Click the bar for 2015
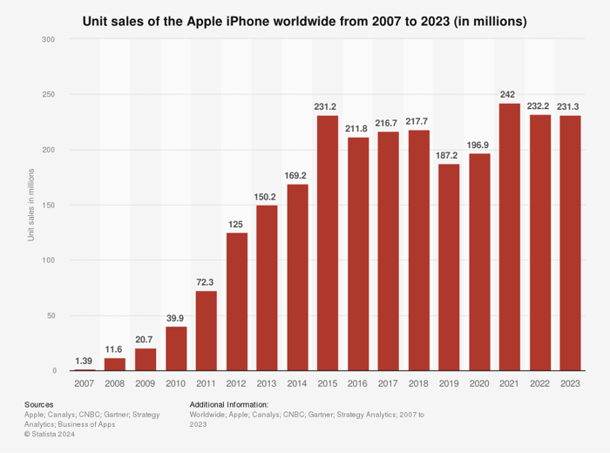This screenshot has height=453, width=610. [327, 243]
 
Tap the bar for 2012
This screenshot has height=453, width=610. [236, 301]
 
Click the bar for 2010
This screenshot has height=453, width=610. [176, 348]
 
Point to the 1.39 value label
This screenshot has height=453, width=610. [85, 360]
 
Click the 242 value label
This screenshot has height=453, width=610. [509, 94]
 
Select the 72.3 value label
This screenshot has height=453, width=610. [206, 281]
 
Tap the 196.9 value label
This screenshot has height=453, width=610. [479, 144]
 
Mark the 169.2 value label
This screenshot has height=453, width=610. [297, 174]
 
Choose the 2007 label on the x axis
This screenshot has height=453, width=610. [85, 383]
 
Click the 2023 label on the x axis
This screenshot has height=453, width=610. [570, 383]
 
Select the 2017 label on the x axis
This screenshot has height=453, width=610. [388, 383]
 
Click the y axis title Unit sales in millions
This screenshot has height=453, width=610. [31, 205]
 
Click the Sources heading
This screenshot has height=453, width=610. [39, 404]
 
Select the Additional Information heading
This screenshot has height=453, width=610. [228, 404]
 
